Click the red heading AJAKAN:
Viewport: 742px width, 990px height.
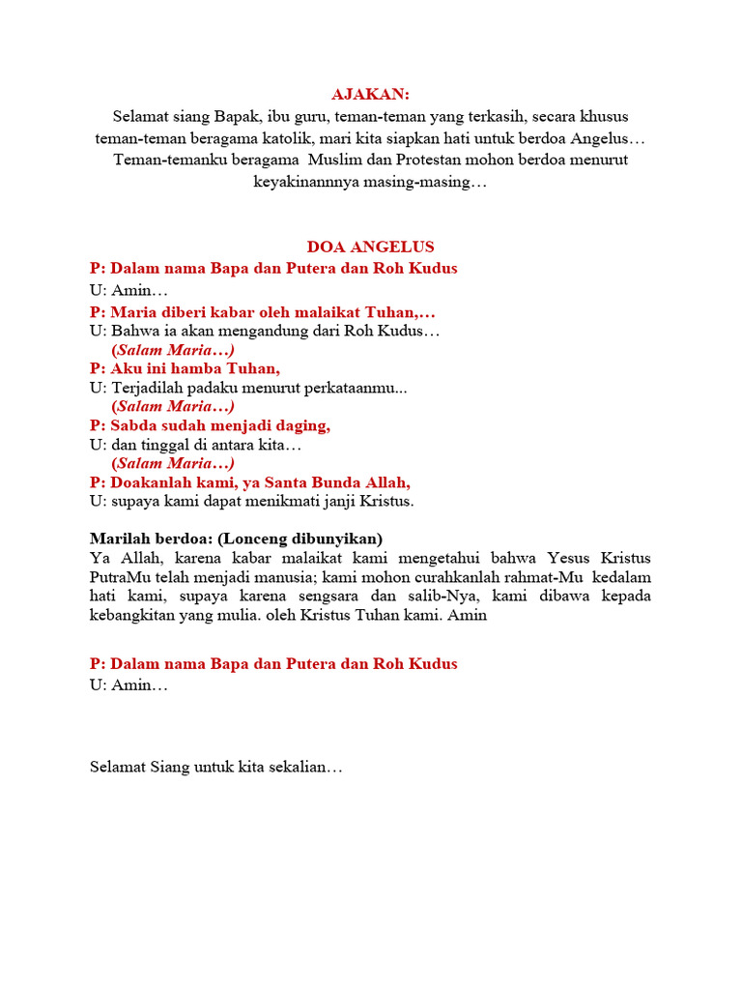tap(371, 94)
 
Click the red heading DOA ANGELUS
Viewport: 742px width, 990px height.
tap(371, 247)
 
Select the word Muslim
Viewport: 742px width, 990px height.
tap(338, 159)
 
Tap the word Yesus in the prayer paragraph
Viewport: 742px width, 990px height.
tap(569, 559)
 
